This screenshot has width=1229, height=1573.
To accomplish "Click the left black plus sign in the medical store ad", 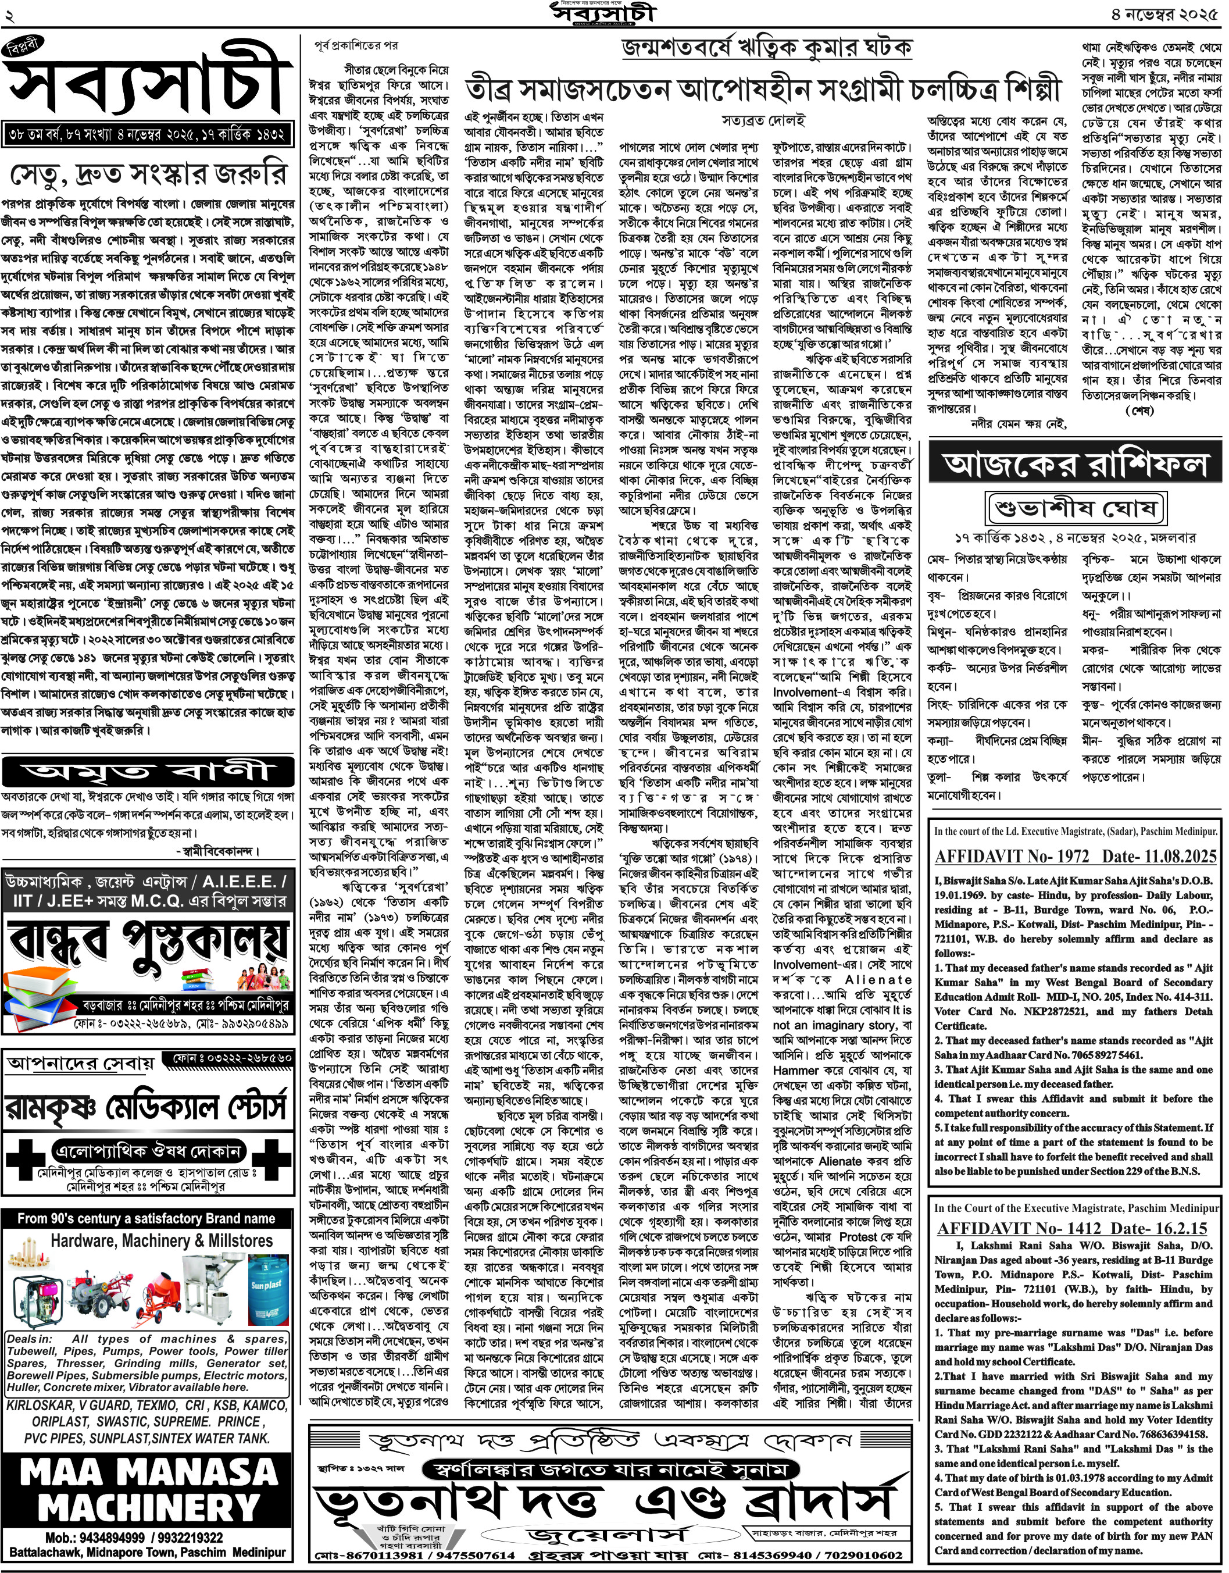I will click(25, 1160).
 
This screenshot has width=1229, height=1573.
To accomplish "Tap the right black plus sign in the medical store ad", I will click(272, 1160).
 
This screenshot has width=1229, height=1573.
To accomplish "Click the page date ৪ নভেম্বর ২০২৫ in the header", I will click(1164, 14).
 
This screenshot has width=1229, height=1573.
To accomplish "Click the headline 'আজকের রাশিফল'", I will click(1076, 465).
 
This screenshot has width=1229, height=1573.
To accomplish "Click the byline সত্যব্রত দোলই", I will click(763, 120).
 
